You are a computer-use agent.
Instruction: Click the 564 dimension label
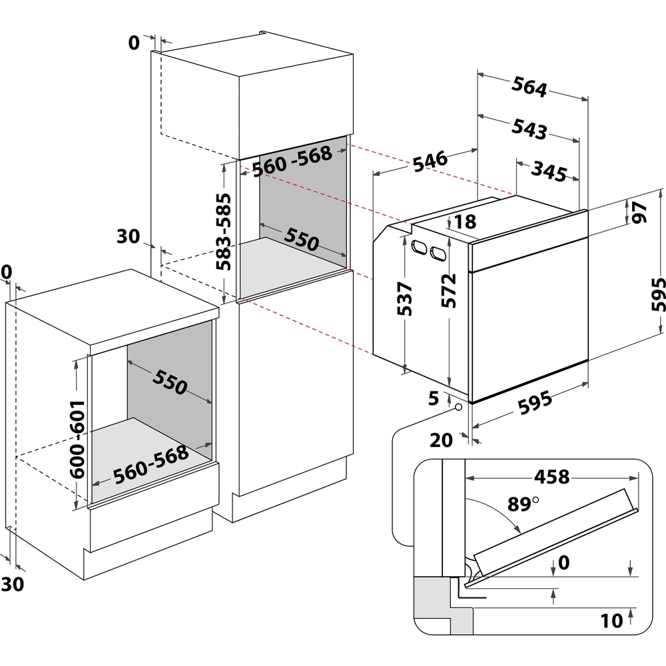click(529, 88)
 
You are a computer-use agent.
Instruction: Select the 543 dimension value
click(530, 129)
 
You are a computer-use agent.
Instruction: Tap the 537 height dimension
click(408, 299)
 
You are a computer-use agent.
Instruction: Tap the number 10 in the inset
click(611, 621)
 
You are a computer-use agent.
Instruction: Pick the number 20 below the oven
click(442, 439)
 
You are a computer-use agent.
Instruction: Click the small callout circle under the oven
click(460, 407)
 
